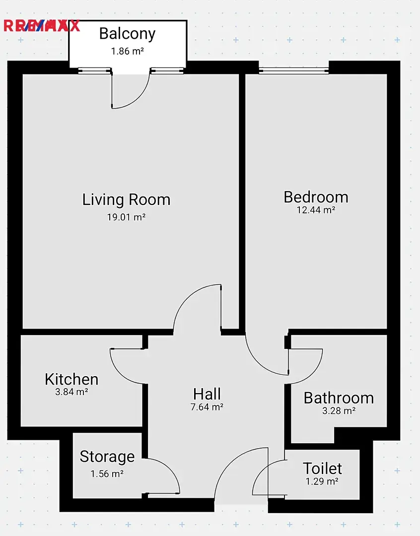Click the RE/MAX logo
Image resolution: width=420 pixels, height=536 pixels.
(x=42, y=26)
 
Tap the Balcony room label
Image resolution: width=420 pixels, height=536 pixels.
(x=127, y=34)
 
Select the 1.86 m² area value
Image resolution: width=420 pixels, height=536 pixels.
(x=127, y=51)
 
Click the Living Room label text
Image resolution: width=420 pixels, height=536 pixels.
(x=126, y=200)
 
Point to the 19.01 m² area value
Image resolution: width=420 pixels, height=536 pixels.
(x=126, y=217)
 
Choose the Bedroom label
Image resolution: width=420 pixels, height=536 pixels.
(x=316, y=197)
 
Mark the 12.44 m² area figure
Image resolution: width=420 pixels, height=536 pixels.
(x=316, y=210)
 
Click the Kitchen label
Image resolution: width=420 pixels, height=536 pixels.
(x=71, y=380)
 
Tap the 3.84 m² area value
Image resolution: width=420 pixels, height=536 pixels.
(x=71, y=392)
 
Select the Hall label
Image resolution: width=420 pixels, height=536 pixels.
(x=207, y=394)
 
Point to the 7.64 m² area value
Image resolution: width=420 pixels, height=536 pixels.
(x=207, y=407)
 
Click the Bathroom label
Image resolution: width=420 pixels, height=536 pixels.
(x=339, y=398)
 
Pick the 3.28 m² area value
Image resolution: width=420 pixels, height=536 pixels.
(x=339, y=410)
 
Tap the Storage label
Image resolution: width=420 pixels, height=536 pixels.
(x=107, y=457)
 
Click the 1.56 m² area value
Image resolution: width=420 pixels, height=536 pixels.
(x=107, y=474)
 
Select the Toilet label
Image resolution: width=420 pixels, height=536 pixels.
(x=322, y=469)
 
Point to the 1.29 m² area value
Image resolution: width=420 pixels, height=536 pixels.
(x=322, y=481)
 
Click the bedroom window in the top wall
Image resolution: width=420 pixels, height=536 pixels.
(x=294, y=71)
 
